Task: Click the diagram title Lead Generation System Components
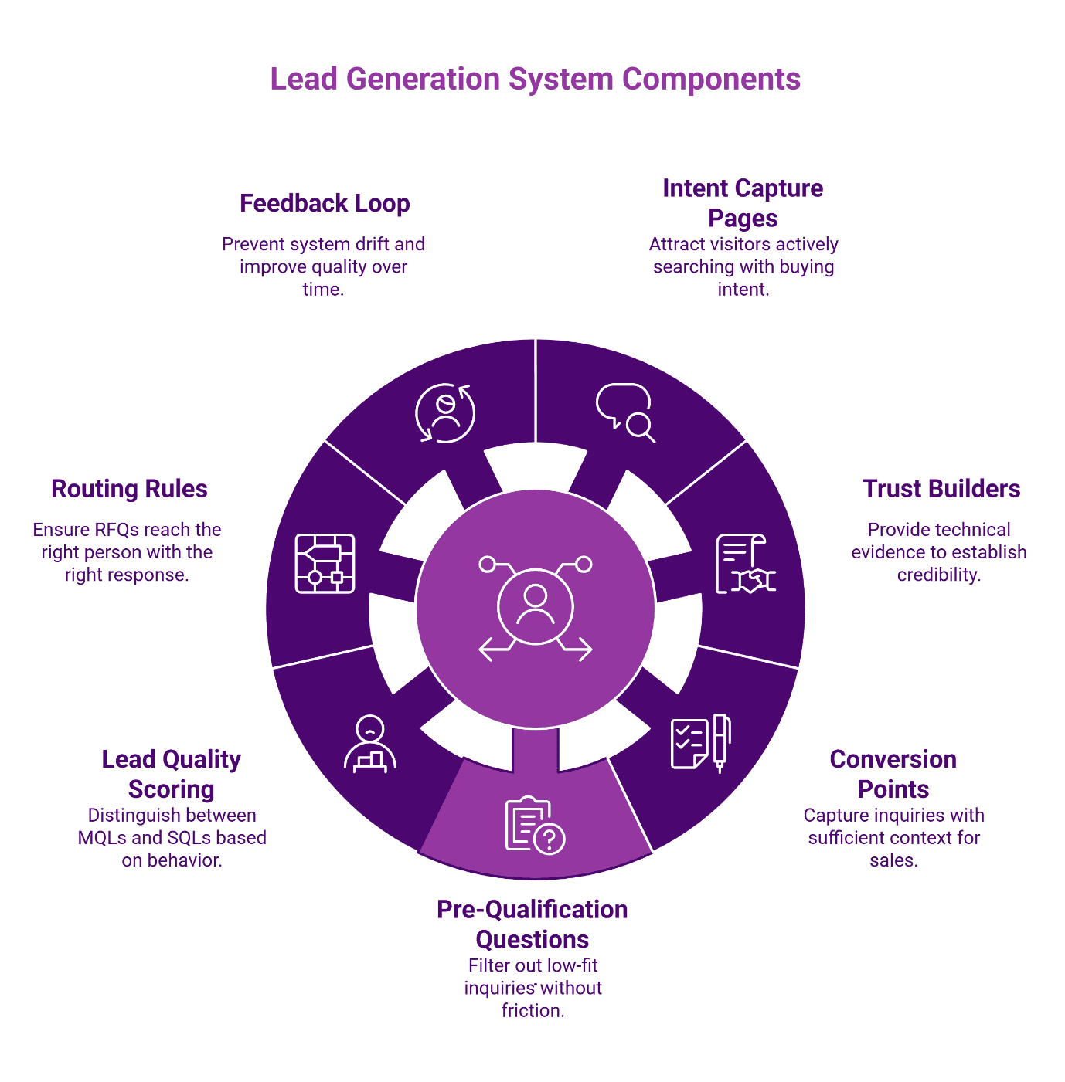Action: (x=535, y=80)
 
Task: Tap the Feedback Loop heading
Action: (x=325, y=203)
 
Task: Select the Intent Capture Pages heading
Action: (x=743, y=203)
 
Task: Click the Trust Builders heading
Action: (x=941, y=489)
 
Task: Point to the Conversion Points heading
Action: (x=893, y=774)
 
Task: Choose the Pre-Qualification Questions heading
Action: (x=532, y=924)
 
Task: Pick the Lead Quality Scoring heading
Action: (x=172, y=774)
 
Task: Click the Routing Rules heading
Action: (x=129, y=489)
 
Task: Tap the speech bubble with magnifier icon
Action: (x=625, y=412)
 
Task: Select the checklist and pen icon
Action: (x=700, y=743)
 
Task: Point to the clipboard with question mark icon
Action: (x=535, y=826)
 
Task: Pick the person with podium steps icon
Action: (x=369, y=744)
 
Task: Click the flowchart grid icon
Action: (x=325, y=564)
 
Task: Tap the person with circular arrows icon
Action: (x=445, y=413)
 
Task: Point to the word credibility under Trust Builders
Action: (x=938, y=575)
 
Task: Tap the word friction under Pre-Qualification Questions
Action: (x=532, y=1011)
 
